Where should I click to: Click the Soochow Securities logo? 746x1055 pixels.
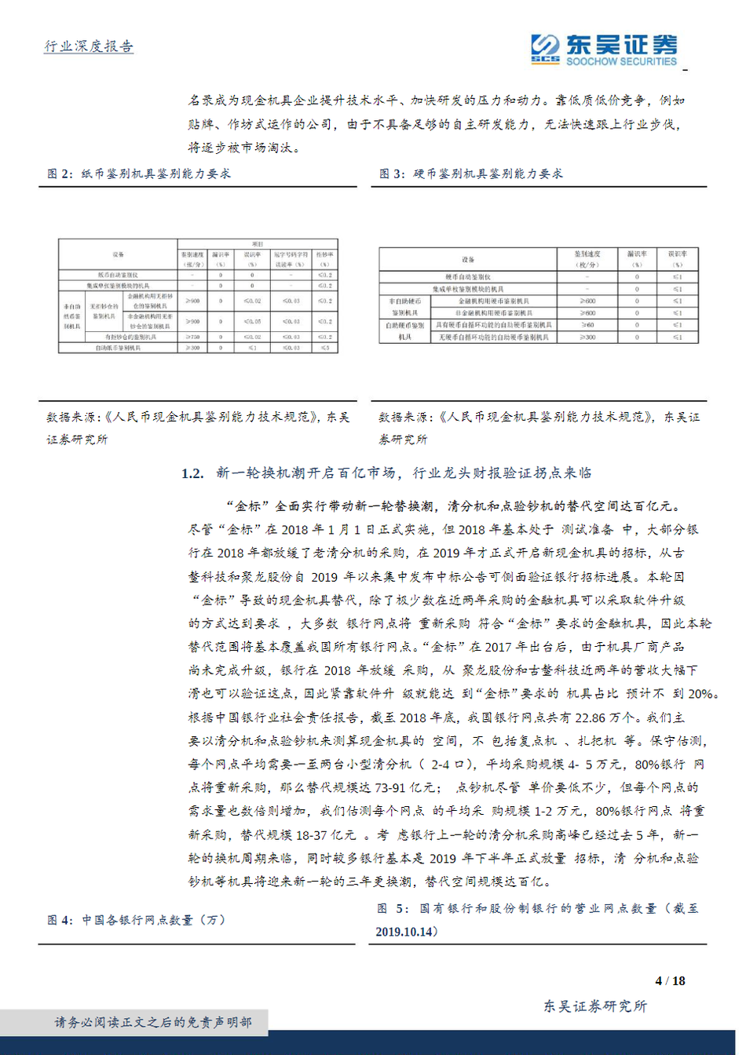(602, 49)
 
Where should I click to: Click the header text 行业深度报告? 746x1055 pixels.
(88, 46)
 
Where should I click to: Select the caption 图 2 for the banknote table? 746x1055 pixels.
(139, 173)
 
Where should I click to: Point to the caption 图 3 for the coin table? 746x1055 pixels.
(471, 173)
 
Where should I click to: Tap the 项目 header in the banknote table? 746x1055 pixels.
(258, 244)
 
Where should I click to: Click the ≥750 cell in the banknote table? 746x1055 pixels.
(192, 337)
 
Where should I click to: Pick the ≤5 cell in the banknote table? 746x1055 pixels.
(324, 347)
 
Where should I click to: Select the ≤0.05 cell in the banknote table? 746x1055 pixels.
(252, 321)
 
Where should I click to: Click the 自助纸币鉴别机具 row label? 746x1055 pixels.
(119, 347)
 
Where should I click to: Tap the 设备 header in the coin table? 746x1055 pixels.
(468, 259)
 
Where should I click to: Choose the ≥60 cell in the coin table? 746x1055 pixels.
(587, 324)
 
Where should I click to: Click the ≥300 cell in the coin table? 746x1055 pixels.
(587, 337)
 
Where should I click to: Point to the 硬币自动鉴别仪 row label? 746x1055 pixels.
(468, 277)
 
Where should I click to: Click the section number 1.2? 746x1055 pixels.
(192, 473)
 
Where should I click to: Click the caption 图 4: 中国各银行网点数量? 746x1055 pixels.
(136, 920)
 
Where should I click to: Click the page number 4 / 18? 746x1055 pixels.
(670, 980)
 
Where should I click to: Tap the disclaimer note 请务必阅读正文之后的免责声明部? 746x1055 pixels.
(153, 1022)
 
